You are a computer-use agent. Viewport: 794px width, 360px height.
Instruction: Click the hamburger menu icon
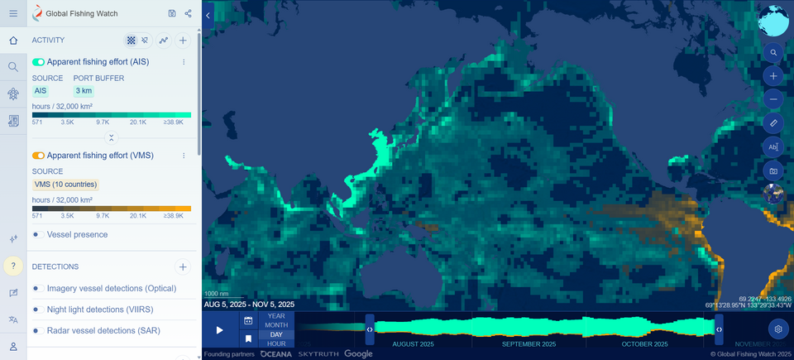coord(13,13)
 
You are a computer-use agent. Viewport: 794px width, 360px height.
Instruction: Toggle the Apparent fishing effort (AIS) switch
coord(38,62)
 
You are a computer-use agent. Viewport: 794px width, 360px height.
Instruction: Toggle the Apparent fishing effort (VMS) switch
coord(38,156)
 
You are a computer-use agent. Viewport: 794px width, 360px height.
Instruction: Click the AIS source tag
coord(40,90)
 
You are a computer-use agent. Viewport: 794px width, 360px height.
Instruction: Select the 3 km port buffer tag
coord(84,90)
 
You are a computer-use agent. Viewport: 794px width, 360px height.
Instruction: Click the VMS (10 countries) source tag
coord(65,184)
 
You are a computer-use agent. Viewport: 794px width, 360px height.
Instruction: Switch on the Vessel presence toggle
coord(38,235)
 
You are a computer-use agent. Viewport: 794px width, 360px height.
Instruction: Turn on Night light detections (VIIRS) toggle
coord(38,310)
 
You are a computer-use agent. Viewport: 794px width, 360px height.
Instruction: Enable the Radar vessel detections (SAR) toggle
coord(38,330)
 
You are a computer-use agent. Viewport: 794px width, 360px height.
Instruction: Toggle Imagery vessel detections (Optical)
coord(38,288)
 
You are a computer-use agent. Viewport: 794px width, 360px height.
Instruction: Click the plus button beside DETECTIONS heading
coord(183,266)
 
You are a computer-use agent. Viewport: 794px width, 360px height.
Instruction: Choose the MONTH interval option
coord(276,325)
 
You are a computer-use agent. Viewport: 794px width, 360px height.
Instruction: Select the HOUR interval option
coord(276,343)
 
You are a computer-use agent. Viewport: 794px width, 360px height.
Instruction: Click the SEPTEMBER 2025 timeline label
coord(529,343)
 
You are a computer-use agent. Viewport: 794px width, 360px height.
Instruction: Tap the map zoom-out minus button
coord(773,98)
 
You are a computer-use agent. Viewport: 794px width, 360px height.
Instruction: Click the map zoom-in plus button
coord(773,76)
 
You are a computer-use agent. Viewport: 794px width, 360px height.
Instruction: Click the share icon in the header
coord(189,13)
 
